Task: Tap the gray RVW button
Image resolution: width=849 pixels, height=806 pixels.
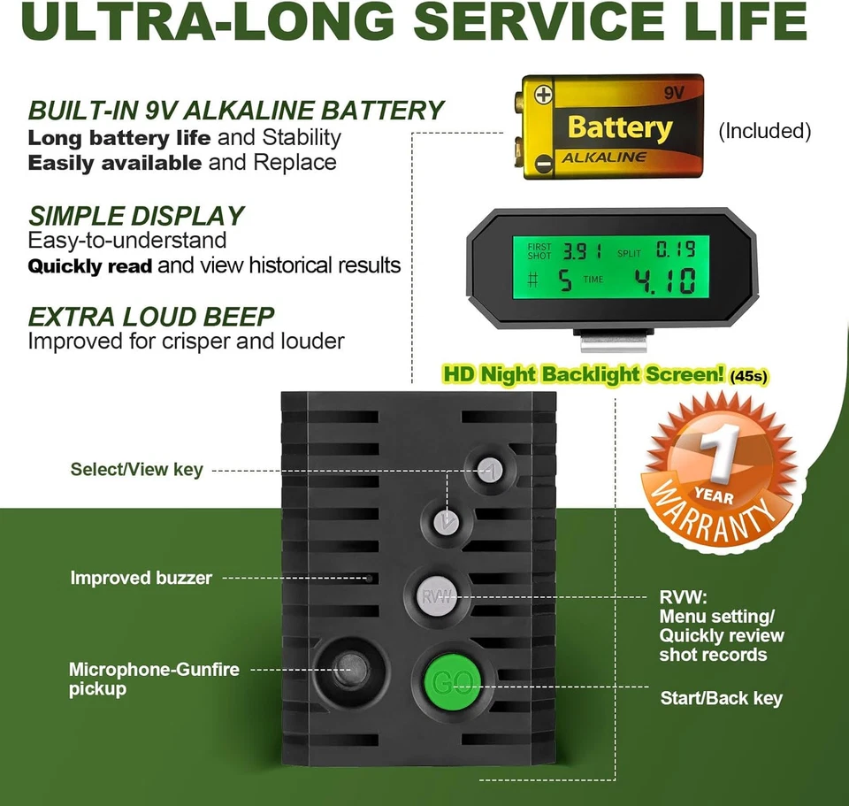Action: (437, 596)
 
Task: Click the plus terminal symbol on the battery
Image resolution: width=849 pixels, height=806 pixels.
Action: (543, 95)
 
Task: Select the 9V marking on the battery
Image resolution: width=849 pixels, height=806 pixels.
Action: (674, 93)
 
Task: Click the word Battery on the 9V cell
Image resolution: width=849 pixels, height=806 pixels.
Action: (620, 127)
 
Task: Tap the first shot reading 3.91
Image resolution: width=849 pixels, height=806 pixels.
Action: (583, 251)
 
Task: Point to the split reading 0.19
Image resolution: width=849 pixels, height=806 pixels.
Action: (676, 249)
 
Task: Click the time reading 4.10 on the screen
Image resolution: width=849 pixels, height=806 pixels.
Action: (665, 281)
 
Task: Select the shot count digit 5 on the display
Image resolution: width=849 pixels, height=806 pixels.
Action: (565, 281)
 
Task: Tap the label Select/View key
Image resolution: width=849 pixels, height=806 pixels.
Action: (136, 469)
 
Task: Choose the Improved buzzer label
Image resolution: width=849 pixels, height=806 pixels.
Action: (141, 578)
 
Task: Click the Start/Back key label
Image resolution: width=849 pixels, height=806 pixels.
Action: (722, 698)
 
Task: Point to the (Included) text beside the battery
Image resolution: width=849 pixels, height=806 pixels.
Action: (764, 131)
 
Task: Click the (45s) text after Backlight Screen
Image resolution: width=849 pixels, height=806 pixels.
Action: (749, 376)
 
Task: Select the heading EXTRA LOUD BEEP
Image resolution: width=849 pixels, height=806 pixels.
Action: (151, 317)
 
